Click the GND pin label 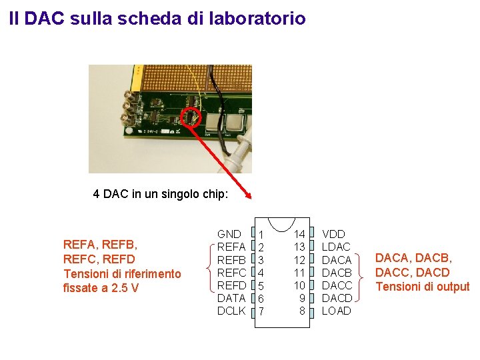point(229,234)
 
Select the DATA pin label point(231,298)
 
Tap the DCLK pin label point(231,311)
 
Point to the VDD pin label point(333,234)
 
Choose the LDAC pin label point(336,247)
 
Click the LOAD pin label point(336,311)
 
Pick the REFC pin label point(231,273)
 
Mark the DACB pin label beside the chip point(337,273)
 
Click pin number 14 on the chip point(299,234)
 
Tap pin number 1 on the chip point(262,235)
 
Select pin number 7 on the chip point(262,311)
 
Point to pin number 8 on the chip point(302,311)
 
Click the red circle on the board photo point(192,117)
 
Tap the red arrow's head point(249,195)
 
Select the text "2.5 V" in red point(125,288)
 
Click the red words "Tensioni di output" point(422,287)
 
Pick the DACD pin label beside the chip point(337,298)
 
